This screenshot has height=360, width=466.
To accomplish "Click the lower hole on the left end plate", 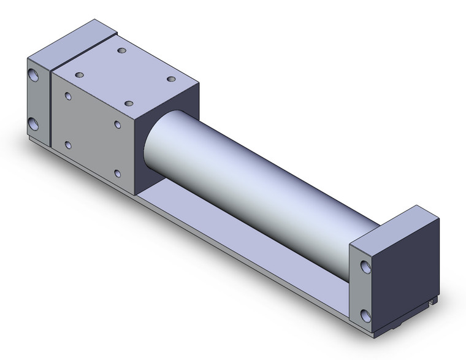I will coord(34,124).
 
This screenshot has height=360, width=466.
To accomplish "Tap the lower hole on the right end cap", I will coord(366,315).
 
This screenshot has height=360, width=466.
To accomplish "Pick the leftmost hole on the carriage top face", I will coord(79,74).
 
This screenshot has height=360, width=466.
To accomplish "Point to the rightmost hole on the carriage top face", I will coord(171,79).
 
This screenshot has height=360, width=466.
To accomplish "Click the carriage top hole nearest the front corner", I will coord(128,104).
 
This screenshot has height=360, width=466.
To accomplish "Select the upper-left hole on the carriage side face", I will coord(67,98).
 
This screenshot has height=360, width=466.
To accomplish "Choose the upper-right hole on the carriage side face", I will coord(117,124).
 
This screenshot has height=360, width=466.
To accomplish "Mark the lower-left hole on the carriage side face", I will coord(67,145).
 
